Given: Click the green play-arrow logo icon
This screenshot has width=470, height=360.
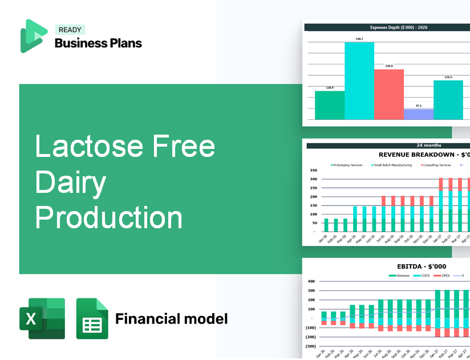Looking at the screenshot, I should [x=33, y=36].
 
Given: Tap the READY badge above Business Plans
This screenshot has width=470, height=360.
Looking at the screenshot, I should [x=70, y=30].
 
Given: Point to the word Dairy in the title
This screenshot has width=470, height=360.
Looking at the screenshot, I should [x=71, y=182].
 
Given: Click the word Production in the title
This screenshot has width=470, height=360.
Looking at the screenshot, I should [x=109, y=218].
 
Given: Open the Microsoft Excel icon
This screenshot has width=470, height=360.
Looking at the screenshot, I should [x=42, y=318].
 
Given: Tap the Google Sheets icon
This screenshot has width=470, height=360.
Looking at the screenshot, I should [x=92, y=318].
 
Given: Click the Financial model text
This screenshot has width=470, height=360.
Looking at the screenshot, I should [x=171, y=318].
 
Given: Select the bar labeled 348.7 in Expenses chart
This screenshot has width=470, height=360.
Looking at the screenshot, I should [x=359, y=80].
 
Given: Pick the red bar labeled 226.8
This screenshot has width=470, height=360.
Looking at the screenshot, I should [x=389, y=94].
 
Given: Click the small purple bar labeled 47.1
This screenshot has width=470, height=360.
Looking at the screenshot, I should [x=418, y=114].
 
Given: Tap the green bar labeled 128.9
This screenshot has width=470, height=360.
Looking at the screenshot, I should [x=330, y=105].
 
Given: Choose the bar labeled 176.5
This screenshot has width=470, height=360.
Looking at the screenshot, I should [x=448, y=100].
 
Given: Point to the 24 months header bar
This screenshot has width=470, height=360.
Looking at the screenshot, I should [x=388, y=145].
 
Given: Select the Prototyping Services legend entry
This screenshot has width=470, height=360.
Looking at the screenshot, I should [x=346, y=165].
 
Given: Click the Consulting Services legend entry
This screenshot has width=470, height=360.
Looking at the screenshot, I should [x=436, y=165].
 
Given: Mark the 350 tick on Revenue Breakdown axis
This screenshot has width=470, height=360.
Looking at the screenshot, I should [x=313, y=171].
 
